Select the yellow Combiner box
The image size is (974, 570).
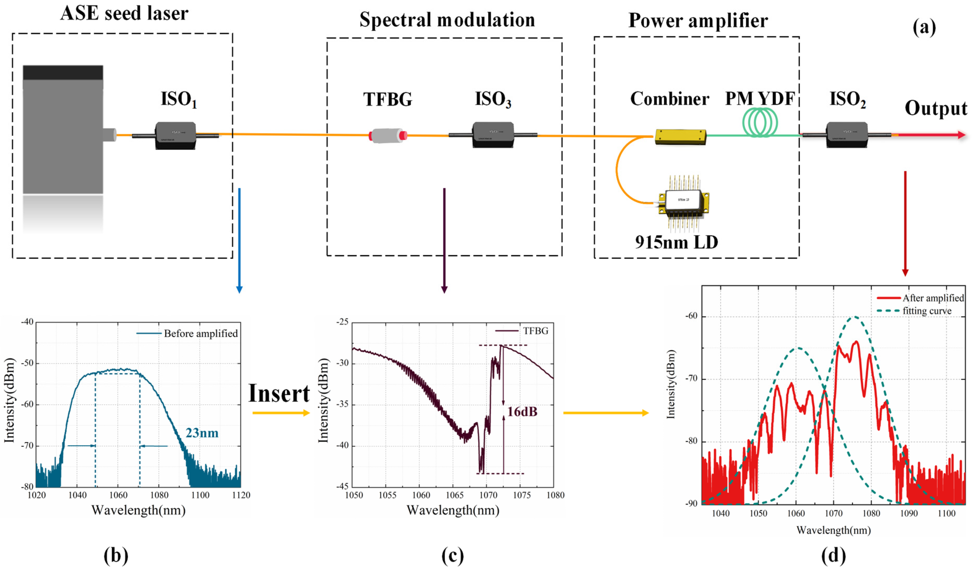coord(680,137)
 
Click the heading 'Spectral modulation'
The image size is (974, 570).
coord(447,20)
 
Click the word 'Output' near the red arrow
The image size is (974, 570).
coord(936,108)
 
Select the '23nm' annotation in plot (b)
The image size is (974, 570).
coord(202,433)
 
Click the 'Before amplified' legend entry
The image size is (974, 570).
coord(200,334)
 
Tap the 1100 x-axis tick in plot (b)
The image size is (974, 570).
coord(200,495)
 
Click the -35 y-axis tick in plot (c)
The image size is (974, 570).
coord(342,404)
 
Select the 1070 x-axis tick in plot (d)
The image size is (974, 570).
coord(833,513)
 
